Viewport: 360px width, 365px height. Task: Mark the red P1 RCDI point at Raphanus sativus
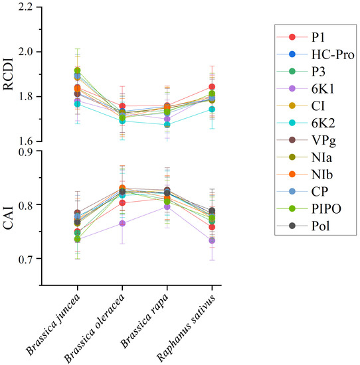point(212,86)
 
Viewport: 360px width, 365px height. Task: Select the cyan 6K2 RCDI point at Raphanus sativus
point(212,109)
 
